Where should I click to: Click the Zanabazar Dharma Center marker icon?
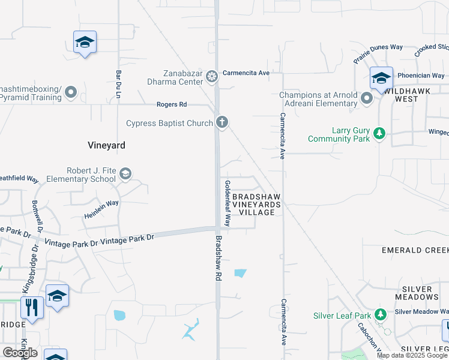point(211,76)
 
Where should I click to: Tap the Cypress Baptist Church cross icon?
point(222,123)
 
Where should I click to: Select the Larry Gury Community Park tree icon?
point(379,133)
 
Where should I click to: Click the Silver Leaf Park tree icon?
point(379,314)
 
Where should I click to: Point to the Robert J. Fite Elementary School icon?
point(125,174)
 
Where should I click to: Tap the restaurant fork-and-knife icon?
point(32,307)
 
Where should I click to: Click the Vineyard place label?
point(106,145)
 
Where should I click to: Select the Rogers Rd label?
point(172,104)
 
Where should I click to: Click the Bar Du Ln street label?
point(118,85)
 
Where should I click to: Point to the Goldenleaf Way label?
point(228,203)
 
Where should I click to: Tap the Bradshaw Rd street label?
point(218,258)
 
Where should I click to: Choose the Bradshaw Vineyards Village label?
point(257,205)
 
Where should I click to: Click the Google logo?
point(20,353)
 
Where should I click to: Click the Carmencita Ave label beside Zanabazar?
point(246,73)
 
